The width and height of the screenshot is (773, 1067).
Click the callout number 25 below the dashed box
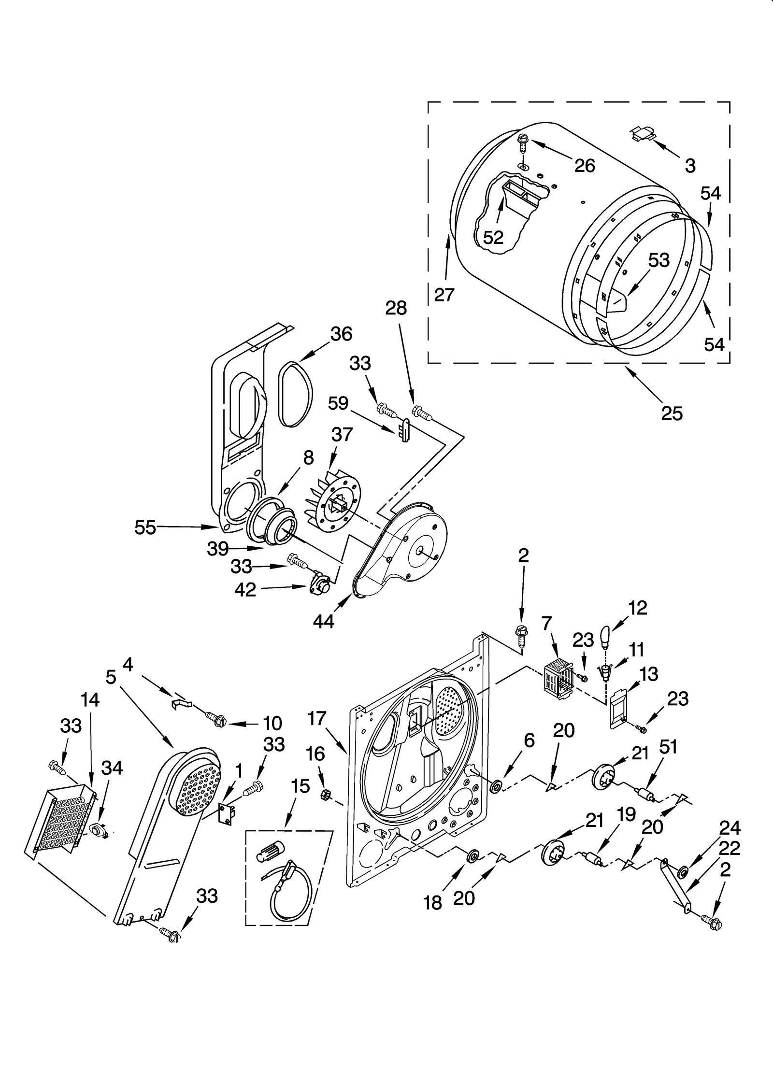coord(672,413)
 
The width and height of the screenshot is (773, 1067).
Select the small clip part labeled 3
coord(643,134)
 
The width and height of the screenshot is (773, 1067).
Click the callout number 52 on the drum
coord(493,237)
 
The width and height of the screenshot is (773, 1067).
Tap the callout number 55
coord(145,527)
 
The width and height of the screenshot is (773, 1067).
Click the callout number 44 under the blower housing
coord(323,622)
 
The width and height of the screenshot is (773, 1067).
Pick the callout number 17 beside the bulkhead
coord(317,719)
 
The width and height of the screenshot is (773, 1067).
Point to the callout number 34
coord(112,768)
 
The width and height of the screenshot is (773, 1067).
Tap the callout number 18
coord(433,903)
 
